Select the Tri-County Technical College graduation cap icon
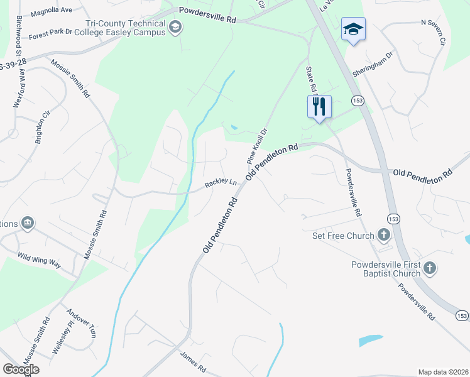click(x=175, y=26)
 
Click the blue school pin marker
click(x=353, y=30)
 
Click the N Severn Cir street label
click(x=433, y=32)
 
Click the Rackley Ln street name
click(x=221, y=184)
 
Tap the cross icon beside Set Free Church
click(x=384, y=236)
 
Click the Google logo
click(x=21, y=369)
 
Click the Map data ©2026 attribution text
click(x=443, y=372)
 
